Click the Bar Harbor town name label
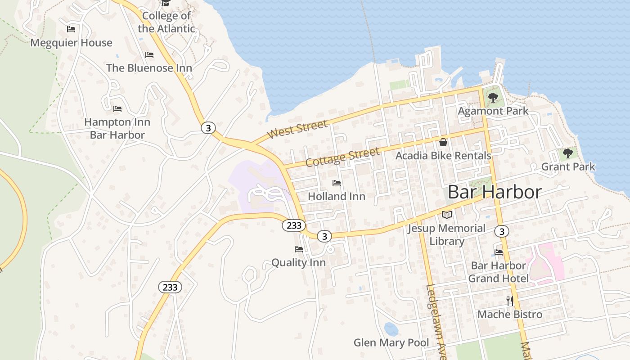tap(495, 192)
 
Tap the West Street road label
tap(297, 129)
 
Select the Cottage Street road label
tap(342, 157)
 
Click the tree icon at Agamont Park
tap(493, 97)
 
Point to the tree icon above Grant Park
tap(568, 153)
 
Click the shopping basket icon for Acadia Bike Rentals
tap(443, 143)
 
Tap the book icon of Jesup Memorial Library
tap(446, 215)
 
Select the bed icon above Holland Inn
tap(336, 183)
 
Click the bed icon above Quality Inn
tap(298, 249)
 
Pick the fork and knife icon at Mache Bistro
tap(510, 301)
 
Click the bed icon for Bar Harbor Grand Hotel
tap(498, 252)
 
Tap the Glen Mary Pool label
tap(391, 342)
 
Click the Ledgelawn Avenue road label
tap(435, 322)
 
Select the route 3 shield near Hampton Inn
tap(208, 128)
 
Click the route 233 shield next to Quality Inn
tap(292, 225)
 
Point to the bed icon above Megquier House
tap(71, 29)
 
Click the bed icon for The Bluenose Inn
tap(149, 55)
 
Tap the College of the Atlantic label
tap(166, 22)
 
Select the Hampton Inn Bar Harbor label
tap(117, 128)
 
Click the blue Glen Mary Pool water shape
tap(391, 329)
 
